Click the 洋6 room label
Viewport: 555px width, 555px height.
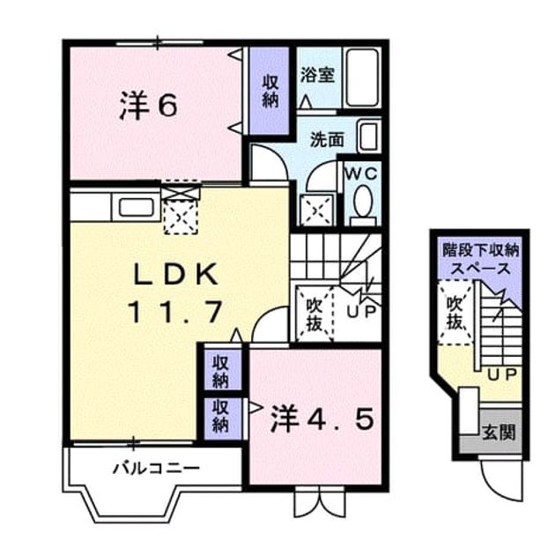(148, 105)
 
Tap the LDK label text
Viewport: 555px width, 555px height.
(174, 274)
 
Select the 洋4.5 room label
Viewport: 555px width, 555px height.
(322, 419)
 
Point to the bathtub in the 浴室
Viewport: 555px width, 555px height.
(361, 78)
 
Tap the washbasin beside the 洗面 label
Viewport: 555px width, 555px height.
(369, 137)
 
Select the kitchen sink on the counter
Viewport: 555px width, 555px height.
(136, 207)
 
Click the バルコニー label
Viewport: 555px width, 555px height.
(156, 469)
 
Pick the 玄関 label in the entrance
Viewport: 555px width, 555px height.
(499, 433)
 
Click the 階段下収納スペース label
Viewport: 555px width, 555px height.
(480, 260)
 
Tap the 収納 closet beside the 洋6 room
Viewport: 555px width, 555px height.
(270, 92)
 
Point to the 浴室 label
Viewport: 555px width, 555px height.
(317, 75)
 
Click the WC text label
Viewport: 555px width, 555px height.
(361, 174)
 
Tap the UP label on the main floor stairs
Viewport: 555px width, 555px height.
(360, 312)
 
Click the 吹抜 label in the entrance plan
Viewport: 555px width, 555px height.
(455, 313)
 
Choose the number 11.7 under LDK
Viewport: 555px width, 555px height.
(176, 312)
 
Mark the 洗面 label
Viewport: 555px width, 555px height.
(327, 140)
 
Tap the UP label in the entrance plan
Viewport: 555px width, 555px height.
(503, 374)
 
